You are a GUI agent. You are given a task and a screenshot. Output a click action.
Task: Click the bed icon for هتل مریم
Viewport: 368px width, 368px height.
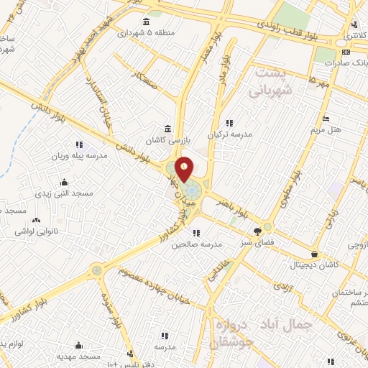326,119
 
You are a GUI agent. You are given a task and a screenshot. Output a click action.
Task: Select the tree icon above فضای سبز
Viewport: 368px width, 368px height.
257,231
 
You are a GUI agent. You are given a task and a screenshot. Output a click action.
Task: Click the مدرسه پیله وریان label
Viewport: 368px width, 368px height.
79,156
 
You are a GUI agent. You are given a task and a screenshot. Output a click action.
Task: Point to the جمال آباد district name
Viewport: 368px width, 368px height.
304,324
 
